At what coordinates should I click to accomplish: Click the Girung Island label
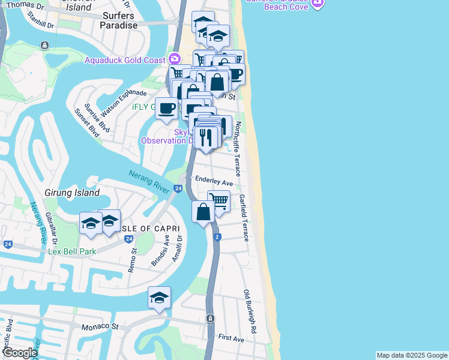[x=71, y=193]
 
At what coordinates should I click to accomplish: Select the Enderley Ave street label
[x=214, y=182]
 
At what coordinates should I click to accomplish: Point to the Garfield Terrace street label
[x=244, y=217]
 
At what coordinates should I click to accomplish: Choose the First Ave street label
[x=231, y=339]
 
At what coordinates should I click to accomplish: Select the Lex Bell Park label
[x=72, y=251]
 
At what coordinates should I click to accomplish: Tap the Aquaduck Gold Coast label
[x=124, y=60]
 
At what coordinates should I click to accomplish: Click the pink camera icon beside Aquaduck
[x=175, y=59]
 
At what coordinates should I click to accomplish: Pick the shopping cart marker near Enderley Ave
[x=219, y=200]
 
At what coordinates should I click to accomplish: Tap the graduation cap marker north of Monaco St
[x=159, y=297]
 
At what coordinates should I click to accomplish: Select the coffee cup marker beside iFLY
[x=167, y=108]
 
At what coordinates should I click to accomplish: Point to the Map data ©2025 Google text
[x=411, y=355]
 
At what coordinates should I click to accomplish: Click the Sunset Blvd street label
[x=86, y=122]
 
